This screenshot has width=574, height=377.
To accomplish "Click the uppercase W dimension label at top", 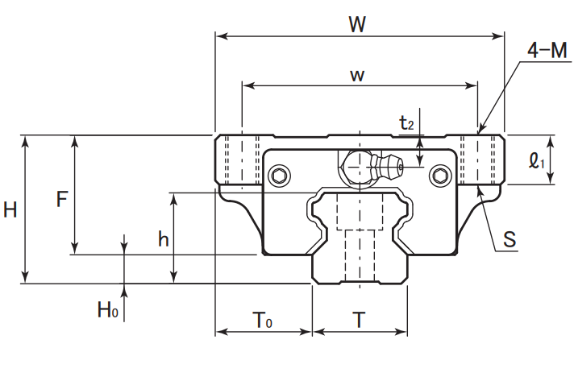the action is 357,25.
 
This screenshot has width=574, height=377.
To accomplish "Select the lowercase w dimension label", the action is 357,76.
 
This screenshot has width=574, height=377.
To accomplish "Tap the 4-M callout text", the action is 547,50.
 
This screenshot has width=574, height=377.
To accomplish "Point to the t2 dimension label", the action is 406,123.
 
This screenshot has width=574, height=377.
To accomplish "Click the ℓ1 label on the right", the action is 536,160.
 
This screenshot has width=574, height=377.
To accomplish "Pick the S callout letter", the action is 510,239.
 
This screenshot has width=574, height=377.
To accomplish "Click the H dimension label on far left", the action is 10,210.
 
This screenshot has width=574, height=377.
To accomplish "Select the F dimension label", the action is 62,200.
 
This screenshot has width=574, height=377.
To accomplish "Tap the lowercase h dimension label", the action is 164,239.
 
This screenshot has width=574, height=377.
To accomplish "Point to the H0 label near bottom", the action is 108,309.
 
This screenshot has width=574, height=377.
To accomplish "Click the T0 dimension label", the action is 262,320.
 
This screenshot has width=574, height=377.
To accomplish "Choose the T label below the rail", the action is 359,321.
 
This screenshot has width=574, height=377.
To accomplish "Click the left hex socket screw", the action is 279,176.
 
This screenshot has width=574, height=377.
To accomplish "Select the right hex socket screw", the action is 440,176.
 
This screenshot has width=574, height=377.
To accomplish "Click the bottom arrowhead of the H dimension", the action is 25,277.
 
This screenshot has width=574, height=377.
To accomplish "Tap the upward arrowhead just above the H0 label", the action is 124,290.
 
